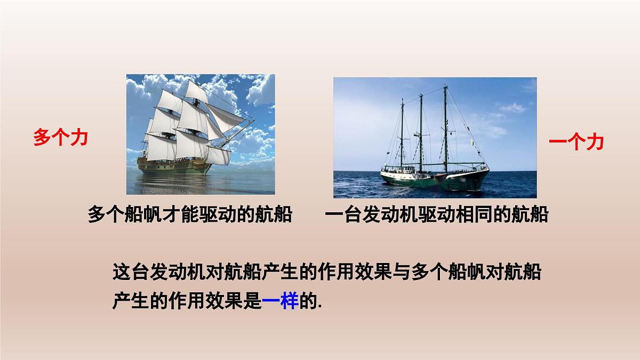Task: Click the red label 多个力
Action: pos(60,138)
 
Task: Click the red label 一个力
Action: pos(576,142)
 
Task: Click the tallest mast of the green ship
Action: pos(445,128)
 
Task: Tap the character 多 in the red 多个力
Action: pos(42,138)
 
